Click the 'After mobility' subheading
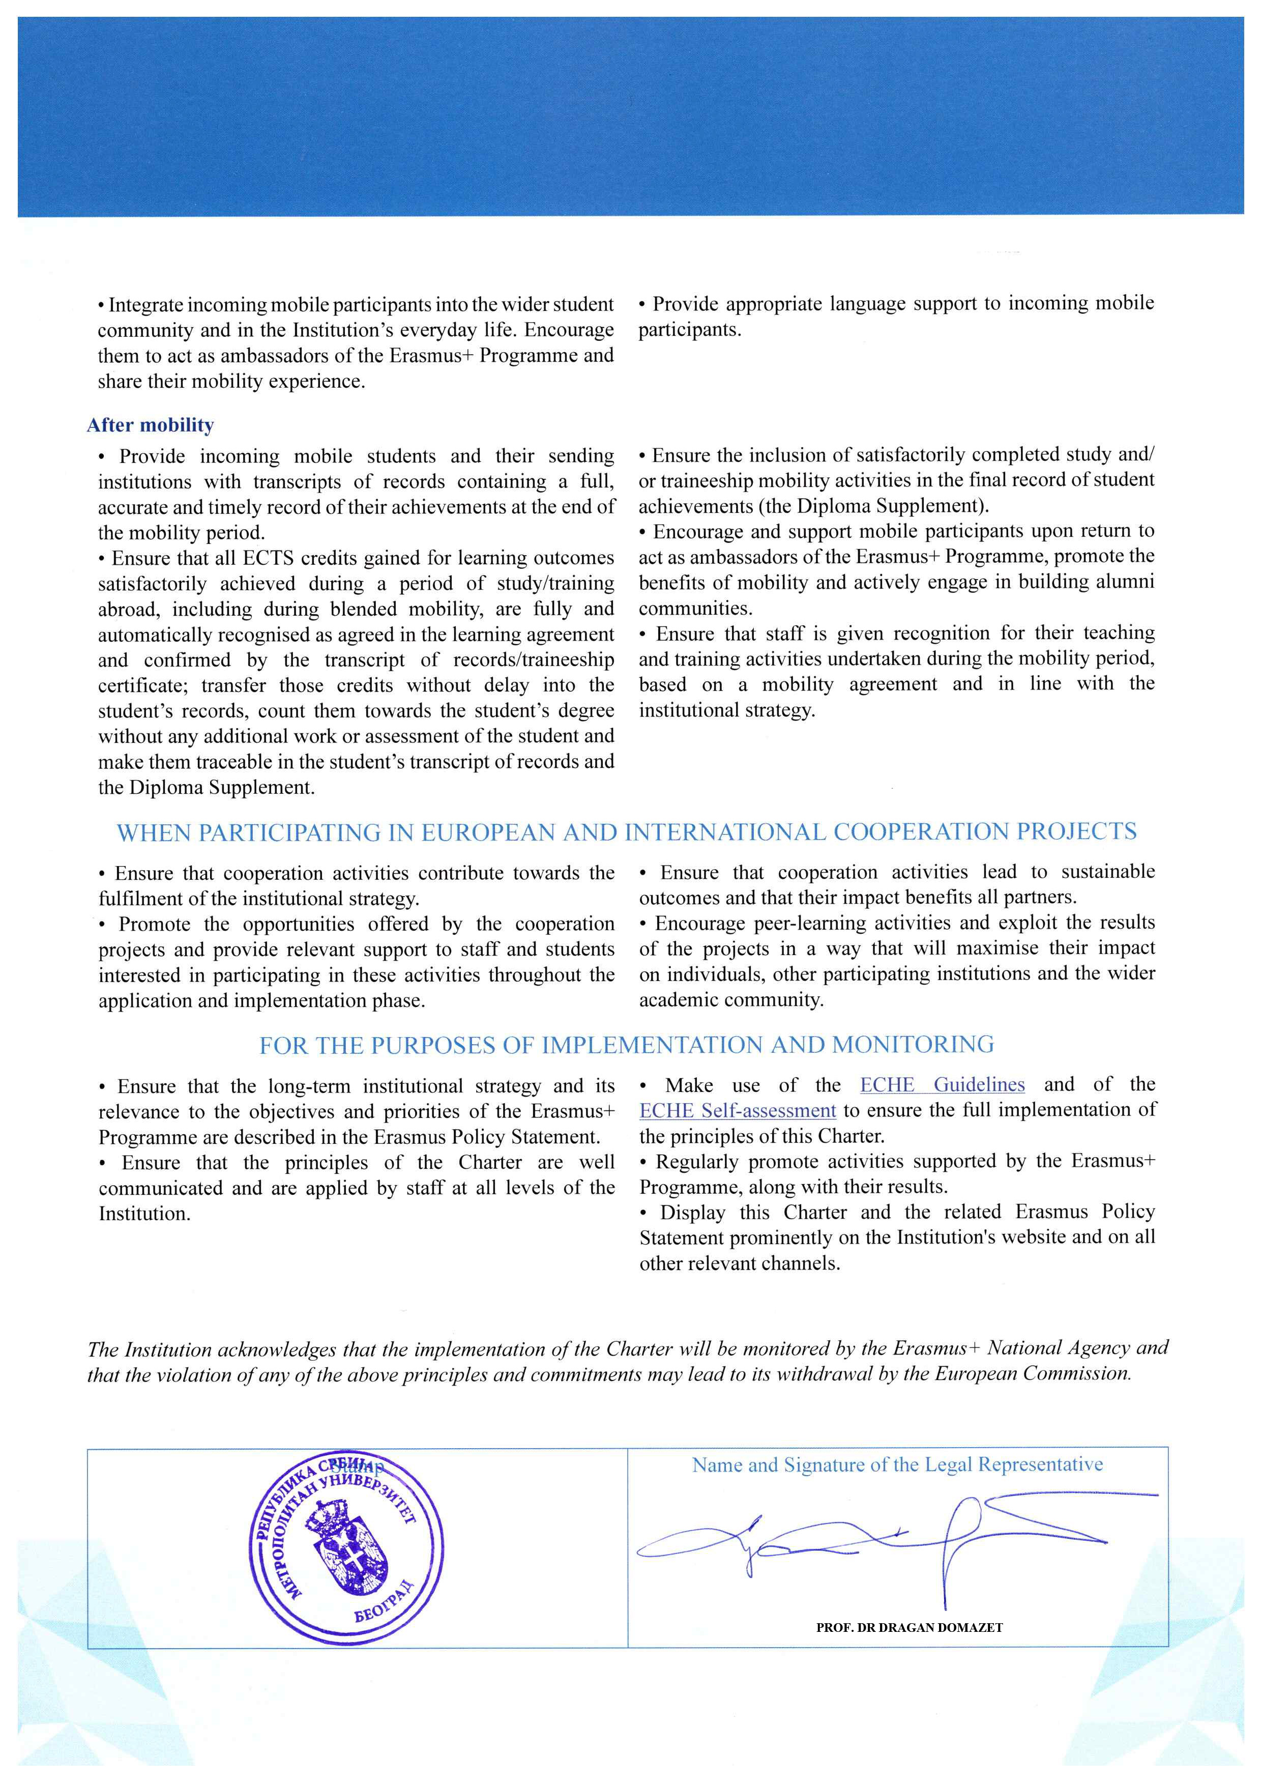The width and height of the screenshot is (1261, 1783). [150, 425]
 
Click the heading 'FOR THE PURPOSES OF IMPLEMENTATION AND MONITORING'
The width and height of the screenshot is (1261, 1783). [627, 1045]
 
